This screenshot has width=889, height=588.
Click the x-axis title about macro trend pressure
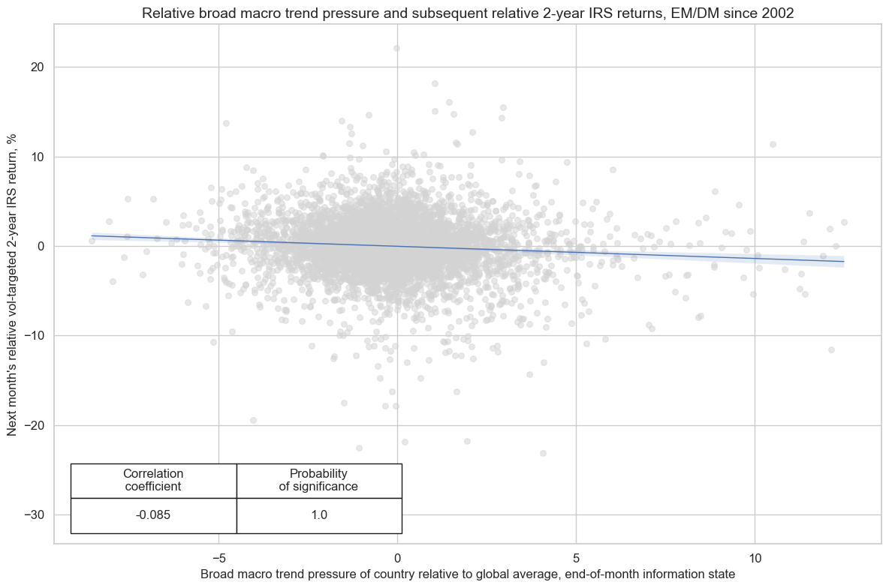click(467, 574)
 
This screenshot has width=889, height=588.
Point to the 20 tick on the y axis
click(37, 67)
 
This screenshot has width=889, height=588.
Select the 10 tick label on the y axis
click(37, 157)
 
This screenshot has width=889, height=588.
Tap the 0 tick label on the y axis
click(41, 246)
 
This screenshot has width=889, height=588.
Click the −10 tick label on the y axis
click(33, 336)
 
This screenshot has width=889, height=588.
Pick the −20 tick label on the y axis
click(33, 425)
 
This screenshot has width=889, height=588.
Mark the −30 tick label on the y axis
click(33, 514)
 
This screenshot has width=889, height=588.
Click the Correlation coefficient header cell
click(153, 480)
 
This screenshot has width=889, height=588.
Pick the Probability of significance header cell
click(318, 480)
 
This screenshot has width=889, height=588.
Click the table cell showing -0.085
click(153, 515)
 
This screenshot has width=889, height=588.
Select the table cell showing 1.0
click(318, 515)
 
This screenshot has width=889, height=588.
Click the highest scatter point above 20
click(396, 48)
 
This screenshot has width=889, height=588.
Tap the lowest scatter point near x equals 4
click(543, 453)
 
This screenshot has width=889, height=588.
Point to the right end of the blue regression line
click(844, 262)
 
